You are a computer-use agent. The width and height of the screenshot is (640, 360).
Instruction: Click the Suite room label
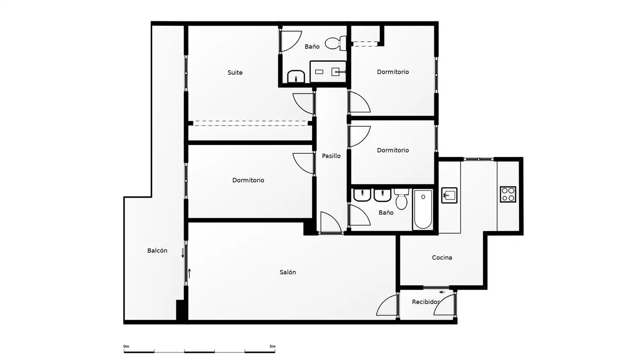click(235, 72)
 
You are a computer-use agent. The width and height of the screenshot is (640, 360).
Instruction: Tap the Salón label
click(288, 272)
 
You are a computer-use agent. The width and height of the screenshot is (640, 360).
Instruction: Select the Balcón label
click(157, 251)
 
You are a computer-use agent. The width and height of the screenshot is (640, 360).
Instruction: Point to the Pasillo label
click(331, 156)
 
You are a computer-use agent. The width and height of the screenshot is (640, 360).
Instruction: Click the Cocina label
click(442, 257)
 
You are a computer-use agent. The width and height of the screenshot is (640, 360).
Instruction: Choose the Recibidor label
click(425, 302)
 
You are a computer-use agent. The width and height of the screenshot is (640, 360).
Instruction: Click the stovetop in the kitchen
click(508, 194)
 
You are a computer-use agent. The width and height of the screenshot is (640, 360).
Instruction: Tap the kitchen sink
click(449, 196)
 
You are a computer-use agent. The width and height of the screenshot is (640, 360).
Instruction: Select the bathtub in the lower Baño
click(423, 209)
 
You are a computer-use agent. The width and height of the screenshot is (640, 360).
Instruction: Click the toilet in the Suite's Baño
click(336, 43)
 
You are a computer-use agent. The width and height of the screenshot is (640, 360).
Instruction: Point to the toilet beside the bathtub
click(401, 199)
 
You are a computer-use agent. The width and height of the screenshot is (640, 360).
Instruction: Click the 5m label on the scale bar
click(272, 346)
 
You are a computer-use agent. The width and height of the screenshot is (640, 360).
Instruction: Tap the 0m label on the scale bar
click(126, 346)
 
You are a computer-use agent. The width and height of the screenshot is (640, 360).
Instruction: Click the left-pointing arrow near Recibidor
click(442, 292)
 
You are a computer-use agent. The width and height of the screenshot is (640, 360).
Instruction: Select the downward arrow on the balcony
click(183, 253)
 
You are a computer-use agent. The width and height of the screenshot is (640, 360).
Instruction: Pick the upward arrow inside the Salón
click(189, 273)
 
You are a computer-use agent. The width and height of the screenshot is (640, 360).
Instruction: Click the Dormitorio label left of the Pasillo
click(248, 180)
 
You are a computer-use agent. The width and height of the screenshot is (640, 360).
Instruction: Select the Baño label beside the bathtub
click(386, 212)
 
